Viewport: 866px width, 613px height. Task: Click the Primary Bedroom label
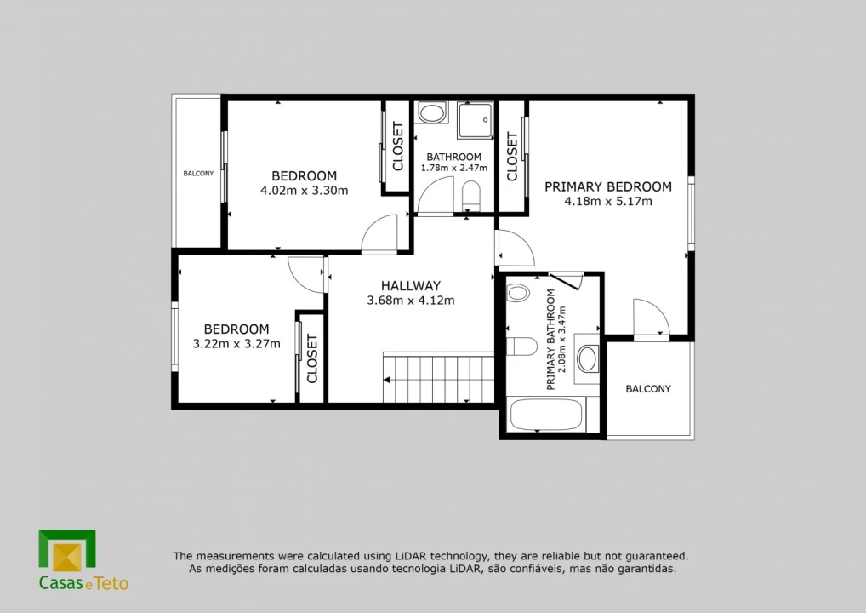608,186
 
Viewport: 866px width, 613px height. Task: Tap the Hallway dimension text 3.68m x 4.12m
411,301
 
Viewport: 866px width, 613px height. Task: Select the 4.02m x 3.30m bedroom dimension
305,191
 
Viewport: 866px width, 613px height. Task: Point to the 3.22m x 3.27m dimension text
236,344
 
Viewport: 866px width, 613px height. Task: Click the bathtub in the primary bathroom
545,415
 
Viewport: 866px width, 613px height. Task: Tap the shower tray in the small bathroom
476,120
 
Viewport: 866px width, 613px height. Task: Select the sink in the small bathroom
431,112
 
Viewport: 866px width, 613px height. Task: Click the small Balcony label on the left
198,174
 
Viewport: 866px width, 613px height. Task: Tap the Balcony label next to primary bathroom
648,389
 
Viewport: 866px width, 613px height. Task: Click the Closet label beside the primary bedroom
512,157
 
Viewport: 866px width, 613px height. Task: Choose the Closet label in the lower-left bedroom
312,358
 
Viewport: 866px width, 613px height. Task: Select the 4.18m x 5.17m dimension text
608,201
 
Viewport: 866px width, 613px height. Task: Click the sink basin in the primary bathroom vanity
587,358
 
